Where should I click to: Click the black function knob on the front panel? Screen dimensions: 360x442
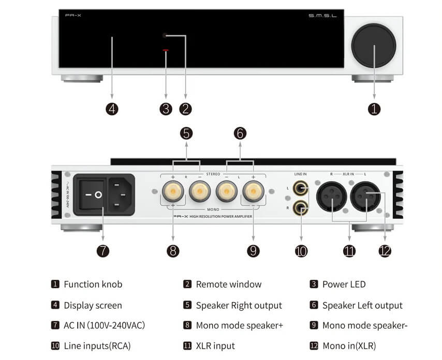374,46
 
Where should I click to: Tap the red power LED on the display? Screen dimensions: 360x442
166,51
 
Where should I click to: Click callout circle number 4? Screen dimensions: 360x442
112,109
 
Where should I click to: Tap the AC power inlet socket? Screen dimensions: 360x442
121,194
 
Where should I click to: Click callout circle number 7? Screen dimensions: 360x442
103,251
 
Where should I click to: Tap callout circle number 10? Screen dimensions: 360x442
301,251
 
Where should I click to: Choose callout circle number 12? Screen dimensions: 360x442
385,251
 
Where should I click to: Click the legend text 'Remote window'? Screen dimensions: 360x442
229,284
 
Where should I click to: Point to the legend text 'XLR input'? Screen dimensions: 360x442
215,346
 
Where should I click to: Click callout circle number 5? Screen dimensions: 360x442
186,133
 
